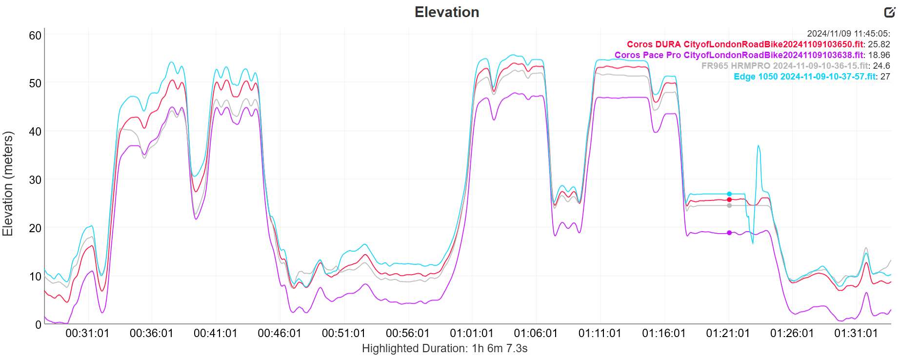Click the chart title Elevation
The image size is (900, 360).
[447, 12]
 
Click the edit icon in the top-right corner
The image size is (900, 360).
[889, 12]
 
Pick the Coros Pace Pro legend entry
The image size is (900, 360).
[739, 55]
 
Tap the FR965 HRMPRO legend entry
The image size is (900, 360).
[785, 66]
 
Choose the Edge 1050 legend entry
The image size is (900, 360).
[805, 77]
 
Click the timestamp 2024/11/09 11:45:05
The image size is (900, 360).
[848, 34]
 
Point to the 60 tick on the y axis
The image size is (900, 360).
[35, 35]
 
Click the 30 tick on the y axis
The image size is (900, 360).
[35, 180]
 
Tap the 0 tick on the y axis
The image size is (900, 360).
[39, 324]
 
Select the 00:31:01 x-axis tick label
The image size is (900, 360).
[87, 334]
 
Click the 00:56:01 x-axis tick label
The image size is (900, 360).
[408, 334]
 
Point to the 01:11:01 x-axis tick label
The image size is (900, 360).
[600, 334]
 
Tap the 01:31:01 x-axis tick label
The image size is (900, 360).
[856, 334]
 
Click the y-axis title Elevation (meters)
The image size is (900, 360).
[8, 183]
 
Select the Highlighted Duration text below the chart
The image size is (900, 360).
[444, 348]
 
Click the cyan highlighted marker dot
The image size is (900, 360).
[729, 194]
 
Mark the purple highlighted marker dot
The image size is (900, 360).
[729, 233]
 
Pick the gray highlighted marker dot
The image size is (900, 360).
[729, 205]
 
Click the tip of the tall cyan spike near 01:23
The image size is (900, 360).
[758, 145]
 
